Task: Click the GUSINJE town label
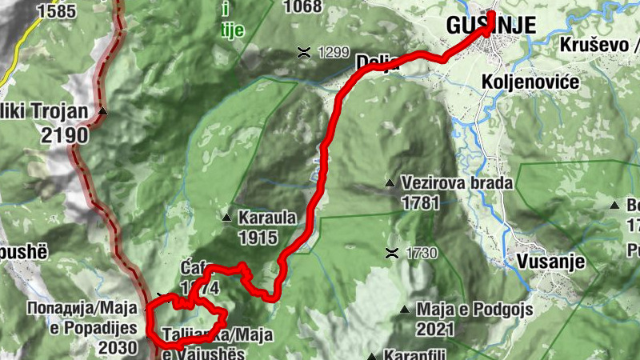(x=490, y=25)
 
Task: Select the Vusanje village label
(x=551, y=262)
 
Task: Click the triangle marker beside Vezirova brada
(x=390, y=183)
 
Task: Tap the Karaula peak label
(x=267, y=218)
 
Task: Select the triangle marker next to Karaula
(x=226, y=218)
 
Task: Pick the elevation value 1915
(x=257, y=237)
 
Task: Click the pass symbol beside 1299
(x=304, y=53)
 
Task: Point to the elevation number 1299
(x=334, y=53)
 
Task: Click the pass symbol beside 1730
(x=391, y=254)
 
